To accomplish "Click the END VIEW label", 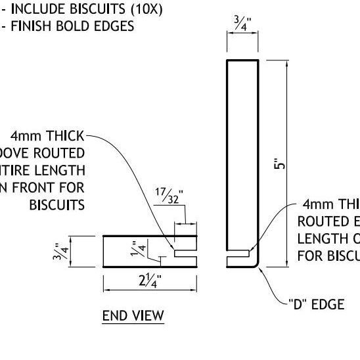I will (133, 316).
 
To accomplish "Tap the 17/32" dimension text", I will (169, 196).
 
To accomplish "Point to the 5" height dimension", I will (279, 163).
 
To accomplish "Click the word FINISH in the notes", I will (30, 27).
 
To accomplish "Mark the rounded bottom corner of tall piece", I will (257, 263).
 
